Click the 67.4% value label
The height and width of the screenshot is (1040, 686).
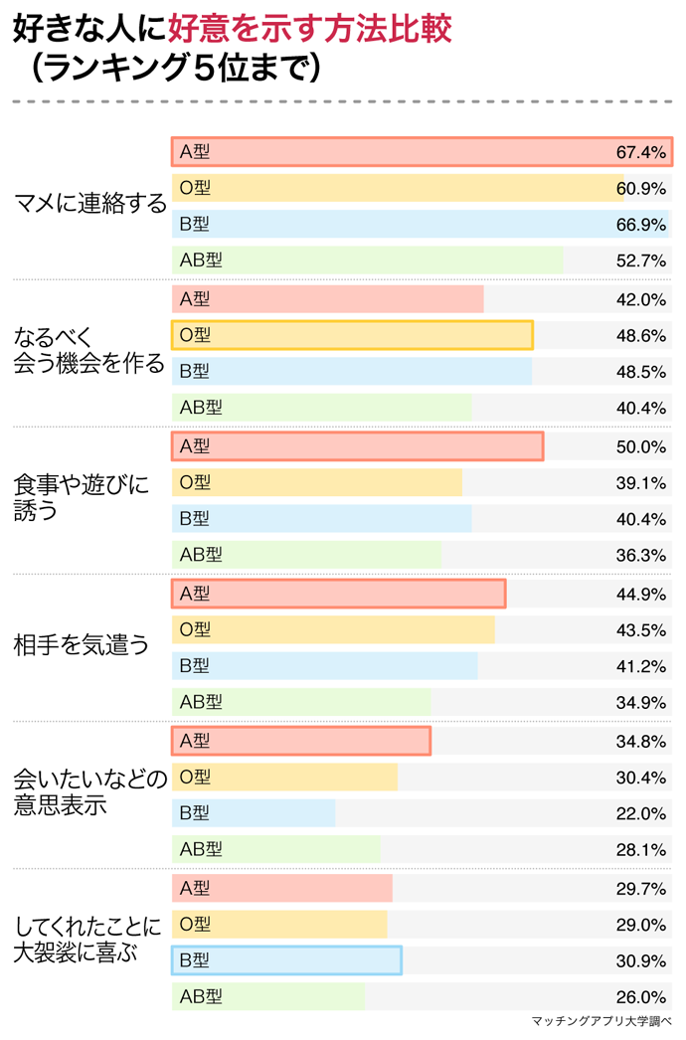[640, 152]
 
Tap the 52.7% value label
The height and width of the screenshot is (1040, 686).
[640, 260]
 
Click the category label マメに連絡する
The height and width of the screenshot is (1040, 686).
[89, 206]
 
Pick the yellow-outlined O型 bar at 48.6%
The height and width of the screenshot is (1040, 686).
[352, 336]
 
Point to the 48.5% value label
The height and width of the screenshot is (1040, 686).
[640, 372]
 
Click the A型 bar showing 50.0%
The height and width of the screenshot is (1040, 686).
[357, 446]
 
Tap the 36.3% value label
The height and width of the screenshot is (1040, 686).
[640, 555]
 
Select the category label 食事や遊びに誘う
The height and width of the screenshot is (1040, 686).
[80, 499]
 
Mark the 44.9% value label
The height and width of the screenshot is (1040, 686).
[640, 595]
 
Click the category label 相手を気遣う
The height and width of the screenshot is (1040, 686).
[81, 646]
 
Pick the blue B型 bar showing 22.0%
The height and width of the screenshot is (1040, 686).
[254, 813]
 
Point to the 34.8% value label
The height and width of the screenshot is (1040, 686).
[640, 742]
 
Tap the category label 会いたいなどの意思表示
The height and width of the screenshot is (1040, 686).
[88, 793]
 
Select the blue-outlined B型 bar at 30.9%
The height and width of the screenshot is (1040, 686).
[286, 960]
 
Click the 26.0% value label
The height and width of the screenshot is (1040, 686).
[640, 997]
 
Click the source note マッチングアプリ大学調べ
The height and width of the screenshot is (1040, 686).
[600, 1022]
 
